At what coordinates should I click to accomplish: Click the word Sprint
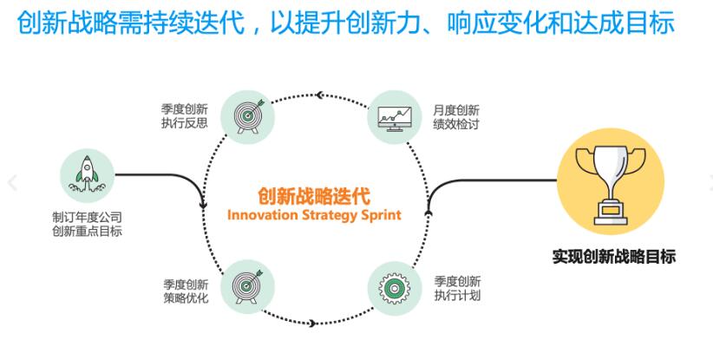pyautogui.click(x=381, y=213)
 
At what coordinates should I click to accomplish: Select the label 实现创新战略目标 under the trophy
pyautogui.click(x=613, y=257)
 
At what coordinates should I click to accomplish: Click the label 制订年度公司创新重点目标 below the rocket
pyautogui.click(x=87, y=224)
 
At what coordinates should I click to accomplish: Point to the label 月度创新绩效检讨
pyautogui.click(x=456, y=116)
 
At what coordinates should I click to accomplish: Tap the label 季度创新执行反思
pyautogui.click(x=185, y=116)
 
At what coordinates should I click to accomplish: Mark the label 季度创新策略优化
pyautogui.click(x=185, y=288)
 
